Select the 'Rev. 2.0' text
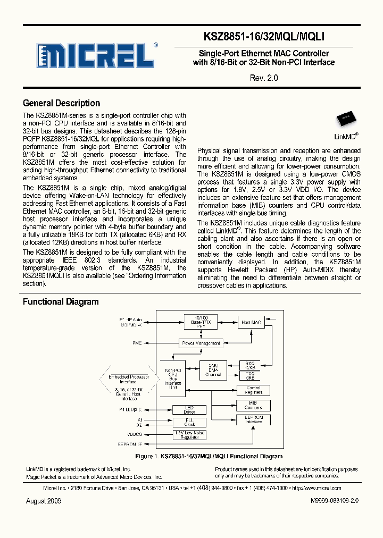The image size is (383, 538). pyautogui.click(x=264, y=78)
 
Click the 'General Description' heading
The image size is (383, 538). pyautogui.click(x=61, y=103)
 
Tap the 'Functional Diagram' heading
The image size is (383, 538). pyautogui.click(x=61, y=301)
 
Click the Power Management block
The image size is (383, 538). pyautogui.click(x=201, y=343)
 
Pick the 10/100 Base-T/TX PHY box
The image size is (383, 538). pyautogui.click(x=201, y=322)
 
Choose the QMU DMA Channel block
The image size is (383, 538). pyautogui.click(x=213, y=369)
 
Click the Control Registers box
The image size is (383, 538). pyautogui.click(x=253, y=390)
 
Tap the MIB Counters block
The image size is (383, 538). pyautogui.click(x=253, y=405)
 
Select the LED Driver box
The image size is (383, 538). pyautogui.click(x=190, y=410)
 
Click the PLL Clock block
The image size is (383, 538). pyautogui.click(x=190, y=422)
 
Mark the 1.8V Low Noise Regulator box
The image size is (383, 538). pyautogui.click(x=190, y=435)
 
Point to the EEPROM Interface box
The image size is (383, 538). pyautogui.click(x=253, y=420)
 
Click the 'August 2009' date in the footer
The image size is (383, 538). pyautogui.click(x=44, y=501)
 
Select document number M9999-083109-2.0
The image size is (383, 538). pyautogui.click(x=335, y=501)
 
